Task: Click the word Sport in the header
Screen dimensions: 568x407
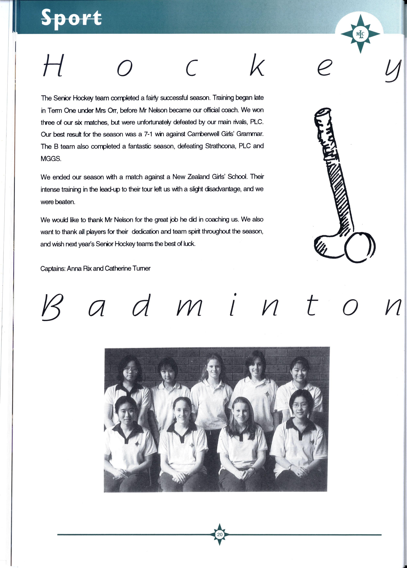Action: pyautogui.click(x=71, y=17)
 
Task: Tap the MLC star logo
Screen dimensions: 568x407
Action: pyautogui.click(x=360, y=34)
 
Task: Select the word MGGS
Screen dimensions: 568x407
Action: pyautogui.click(x=51, y=159)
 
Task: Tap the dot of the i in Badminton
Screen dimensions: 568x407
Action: pyautogui.click(x=235, y=295)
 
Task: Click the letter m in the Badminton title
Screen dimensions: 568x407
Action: pyautogui.click(x=189, y=308)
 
